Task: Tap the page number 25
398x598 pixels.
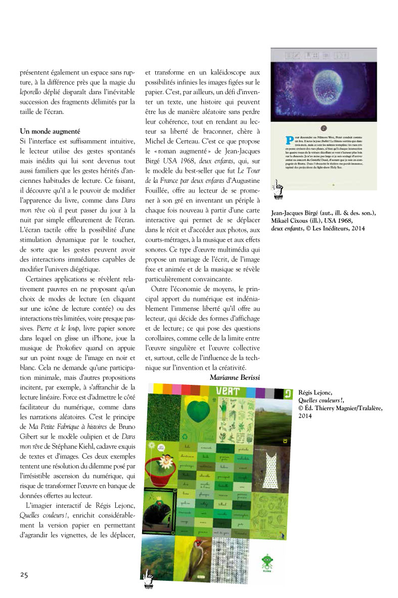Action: tap(24, 574)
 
